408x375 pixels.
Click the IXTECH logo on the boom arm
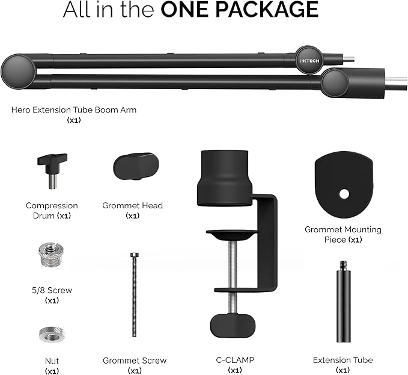[x=306, y=61]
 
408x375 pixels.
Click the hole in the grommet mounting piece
[x=344, y=194]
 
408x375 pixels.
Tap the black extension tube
[x=343, y=307]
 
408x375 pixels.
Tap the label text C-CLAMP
[x=235, y=360]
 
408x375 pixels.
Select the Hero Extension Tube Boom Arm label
[x=73, y=110]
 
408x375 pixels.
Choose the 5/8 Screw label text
[x=52, y=290]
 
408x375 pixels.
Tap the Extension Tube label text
[x=343, y=360]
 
